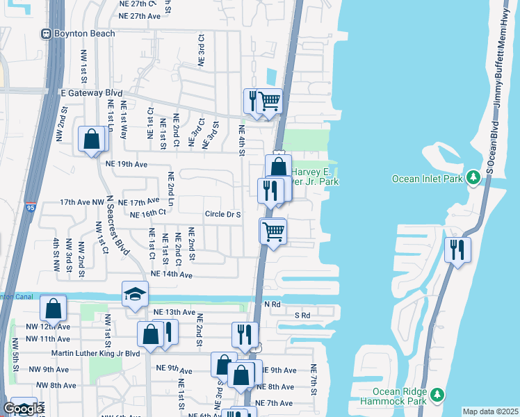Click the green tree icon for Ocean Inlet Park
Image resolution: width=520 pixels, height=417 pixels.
pos(473,178)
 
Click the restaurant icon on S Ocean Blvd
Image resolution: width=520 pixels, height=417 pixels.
pos(457,250)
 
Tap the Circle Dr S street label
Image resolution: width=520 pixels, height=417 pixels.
pos(222,215)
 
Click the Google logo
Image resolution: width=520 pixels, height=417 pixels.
pos(23,409)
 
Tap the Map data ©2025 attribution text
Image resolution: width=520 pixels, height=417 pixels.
pos(489,411)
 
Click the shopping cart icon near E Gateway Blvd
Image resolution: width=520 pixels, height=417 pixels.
pos(269,101)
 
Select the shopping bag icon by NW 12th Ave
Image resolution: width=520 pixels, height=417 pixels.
pos(53,309)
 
